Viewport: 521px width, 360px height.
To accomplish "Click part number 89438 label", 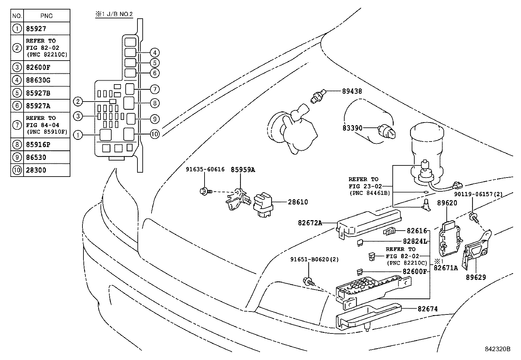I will pyautogui.click(x=352, y=91).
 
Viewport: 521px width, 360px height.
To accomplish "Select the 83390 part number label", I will pyautogui.click(x=352, y=128).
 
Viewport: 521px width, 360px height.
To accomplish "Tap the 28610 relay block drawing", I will pyautogui.click(x=264, y=205).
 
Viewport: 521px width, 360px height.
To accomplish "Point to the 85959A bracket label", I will pyautogui.click(x=243, y=170).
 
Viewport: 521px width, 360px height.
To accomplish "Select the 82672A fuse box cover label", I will pyautogui.click(x=310, y=223).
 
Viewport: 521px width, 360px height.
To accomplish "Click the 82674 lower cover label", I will pyautogui.click(x=427, y=309).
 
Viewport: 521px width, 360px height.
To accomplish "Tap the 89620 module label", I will pyautogui.click(x=447, y=203).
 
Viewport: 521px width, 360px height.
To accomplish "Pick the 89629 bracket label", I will pyautogui.click(x=476, y=277).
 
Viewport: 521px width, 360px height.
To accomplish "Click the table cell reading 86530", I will pyautogui.click(x=36, y=157).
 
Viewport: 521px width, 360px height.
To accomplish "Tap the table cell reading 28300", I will pyautogui.click(x=36, y=170).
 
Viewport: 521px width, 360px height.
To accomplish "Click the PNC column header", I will pyautogui.click(x=46, y=16).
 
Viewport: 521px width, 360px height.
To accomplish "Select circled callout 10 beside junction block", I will pyautogui.click(x=155, y=134).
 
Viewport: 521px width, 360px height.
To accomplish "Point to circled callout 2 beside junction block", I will pyautogui.click(x=78, y=102).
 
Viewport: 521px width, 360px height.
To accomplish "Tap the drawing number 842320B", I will pyautogui.click(x=497, y=349).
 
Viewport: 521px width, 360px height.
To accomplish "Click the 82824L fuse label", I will pyautogui.click(x=415, y=241).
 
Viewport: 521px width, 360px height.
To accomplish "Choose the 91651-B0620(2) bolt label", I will pyautogui.click(x=314, y=259).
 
